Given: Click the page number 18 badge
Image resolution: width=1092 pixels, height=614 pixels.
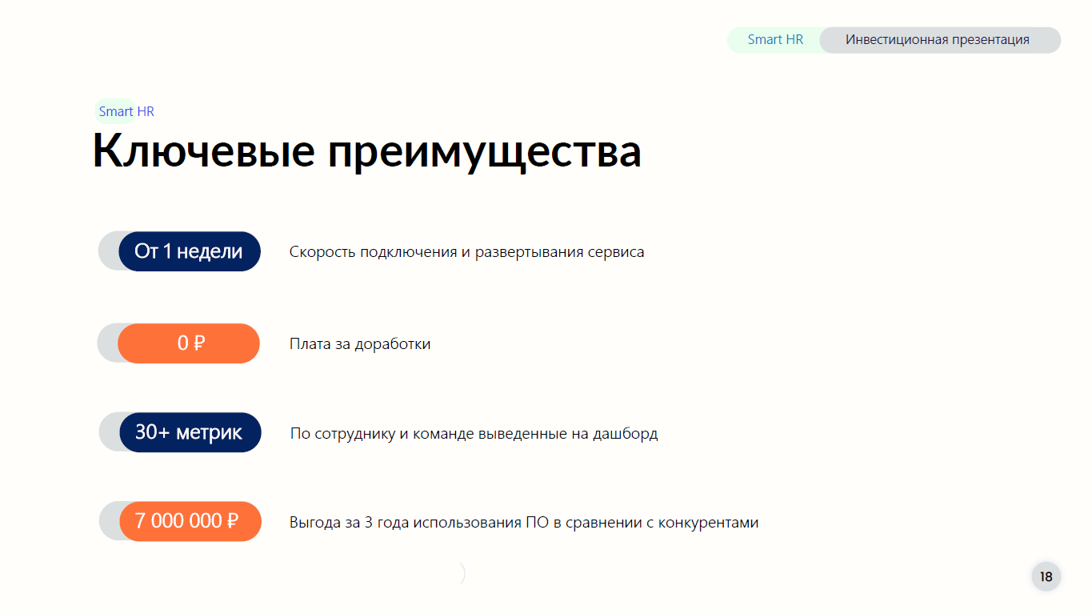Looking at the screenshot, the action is click(1046, 576).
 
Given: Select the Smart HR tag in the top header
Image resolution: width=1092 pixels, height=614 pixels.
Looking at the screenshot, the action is click(775, 40).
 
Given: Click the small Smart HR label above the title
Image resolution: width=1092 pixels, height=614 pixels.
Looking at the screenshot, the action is click(126, 112).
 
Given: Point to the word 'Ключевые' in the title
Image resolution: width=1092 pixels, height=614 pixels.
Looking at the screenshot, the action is click(204, 151).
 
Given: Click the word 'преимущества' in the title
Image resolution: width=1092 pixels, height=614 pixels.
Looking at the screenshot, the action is click(484, 155).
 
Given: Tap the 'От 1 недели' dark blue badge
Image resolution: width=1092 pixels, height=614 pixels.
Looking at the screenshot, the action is click(190, 251).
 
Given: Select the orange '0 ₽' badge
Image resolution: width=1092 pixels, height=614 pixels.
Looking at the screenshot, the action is click(189, 343).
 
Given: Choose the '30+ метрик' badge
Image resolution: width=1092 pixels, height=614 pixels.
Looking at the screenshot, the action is click(190, 432).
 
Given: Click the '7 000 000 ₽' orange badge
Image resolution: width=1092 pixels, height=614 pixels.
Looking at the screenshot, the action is click(190, 521).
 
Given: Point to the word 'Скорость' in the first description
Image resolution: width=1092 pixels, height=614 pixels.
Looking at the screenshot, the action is click(322, 252).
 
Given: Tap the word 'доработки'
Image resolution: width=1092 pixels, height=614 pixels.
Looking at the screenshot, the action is click(393, 344).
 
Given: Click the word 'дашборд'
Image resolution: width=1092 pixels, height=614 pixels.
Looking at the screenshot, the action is click(625, 434).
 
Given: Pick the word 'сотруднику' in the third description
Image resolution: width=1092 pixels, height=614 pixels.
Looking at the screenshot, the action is click(355, 434).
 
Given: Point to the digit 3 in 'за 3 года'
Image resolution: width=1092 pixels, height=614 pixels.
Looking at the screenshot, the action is click(369, 523).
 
